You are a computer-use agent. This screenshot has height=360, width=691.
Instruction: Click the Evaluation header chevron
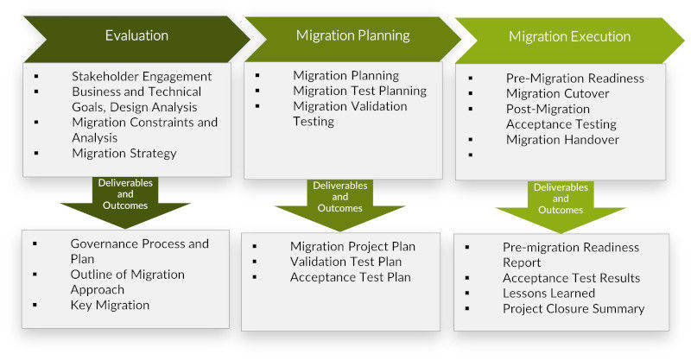(x=136, y=35)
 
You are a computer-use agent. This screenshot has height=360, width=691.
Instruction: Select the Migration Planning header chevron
(x=352, y=35)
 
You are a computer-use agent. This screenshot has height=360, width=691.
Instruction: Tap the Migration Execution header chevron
(x=569, y=36)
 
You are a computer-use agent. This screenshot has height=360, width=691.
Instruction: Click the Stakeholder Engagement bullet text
(x=142, y=76)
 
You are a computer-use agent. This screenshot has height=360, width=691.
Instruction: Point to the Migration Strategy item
(x=124, y=154)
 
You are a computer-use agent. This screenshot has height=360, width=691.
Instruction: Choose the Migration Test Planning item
(x=359, y=91)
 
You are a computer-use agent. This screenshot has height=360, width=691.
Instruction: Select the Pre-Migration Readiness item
(x=575, y=78)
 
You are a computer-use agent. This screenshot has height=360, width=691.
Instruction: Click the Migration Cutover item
(x=557, y=93)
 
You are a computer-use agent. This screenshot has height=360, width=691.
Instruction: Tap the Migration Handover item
(x=562, y=140)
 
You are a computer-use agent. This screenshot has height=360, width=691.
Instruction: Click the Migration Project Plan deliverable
(x=352, y=247)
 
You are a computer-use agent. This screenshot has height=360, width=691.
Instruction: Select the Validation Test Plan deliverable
(x=345, y=262)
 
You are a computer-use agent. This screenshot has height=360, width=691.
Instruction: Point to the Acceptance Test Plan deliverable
(x=350, y=277)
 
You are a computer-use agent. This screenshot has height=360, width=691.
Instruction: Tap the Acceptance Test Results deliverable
(x=571, y=278)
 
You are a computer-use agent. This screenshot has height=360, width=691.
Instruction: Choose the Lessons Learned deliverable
(x=548, y=294)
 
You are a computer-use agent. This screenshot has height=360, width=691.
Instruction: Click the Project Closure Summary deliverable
(x=574, y=309)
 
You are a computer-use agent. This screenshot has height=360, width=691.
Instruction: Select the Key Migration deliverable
(x=110, y=305)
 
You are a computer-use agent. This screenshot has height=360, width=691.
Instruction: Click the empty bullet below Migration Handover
(x=472, y=155)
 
